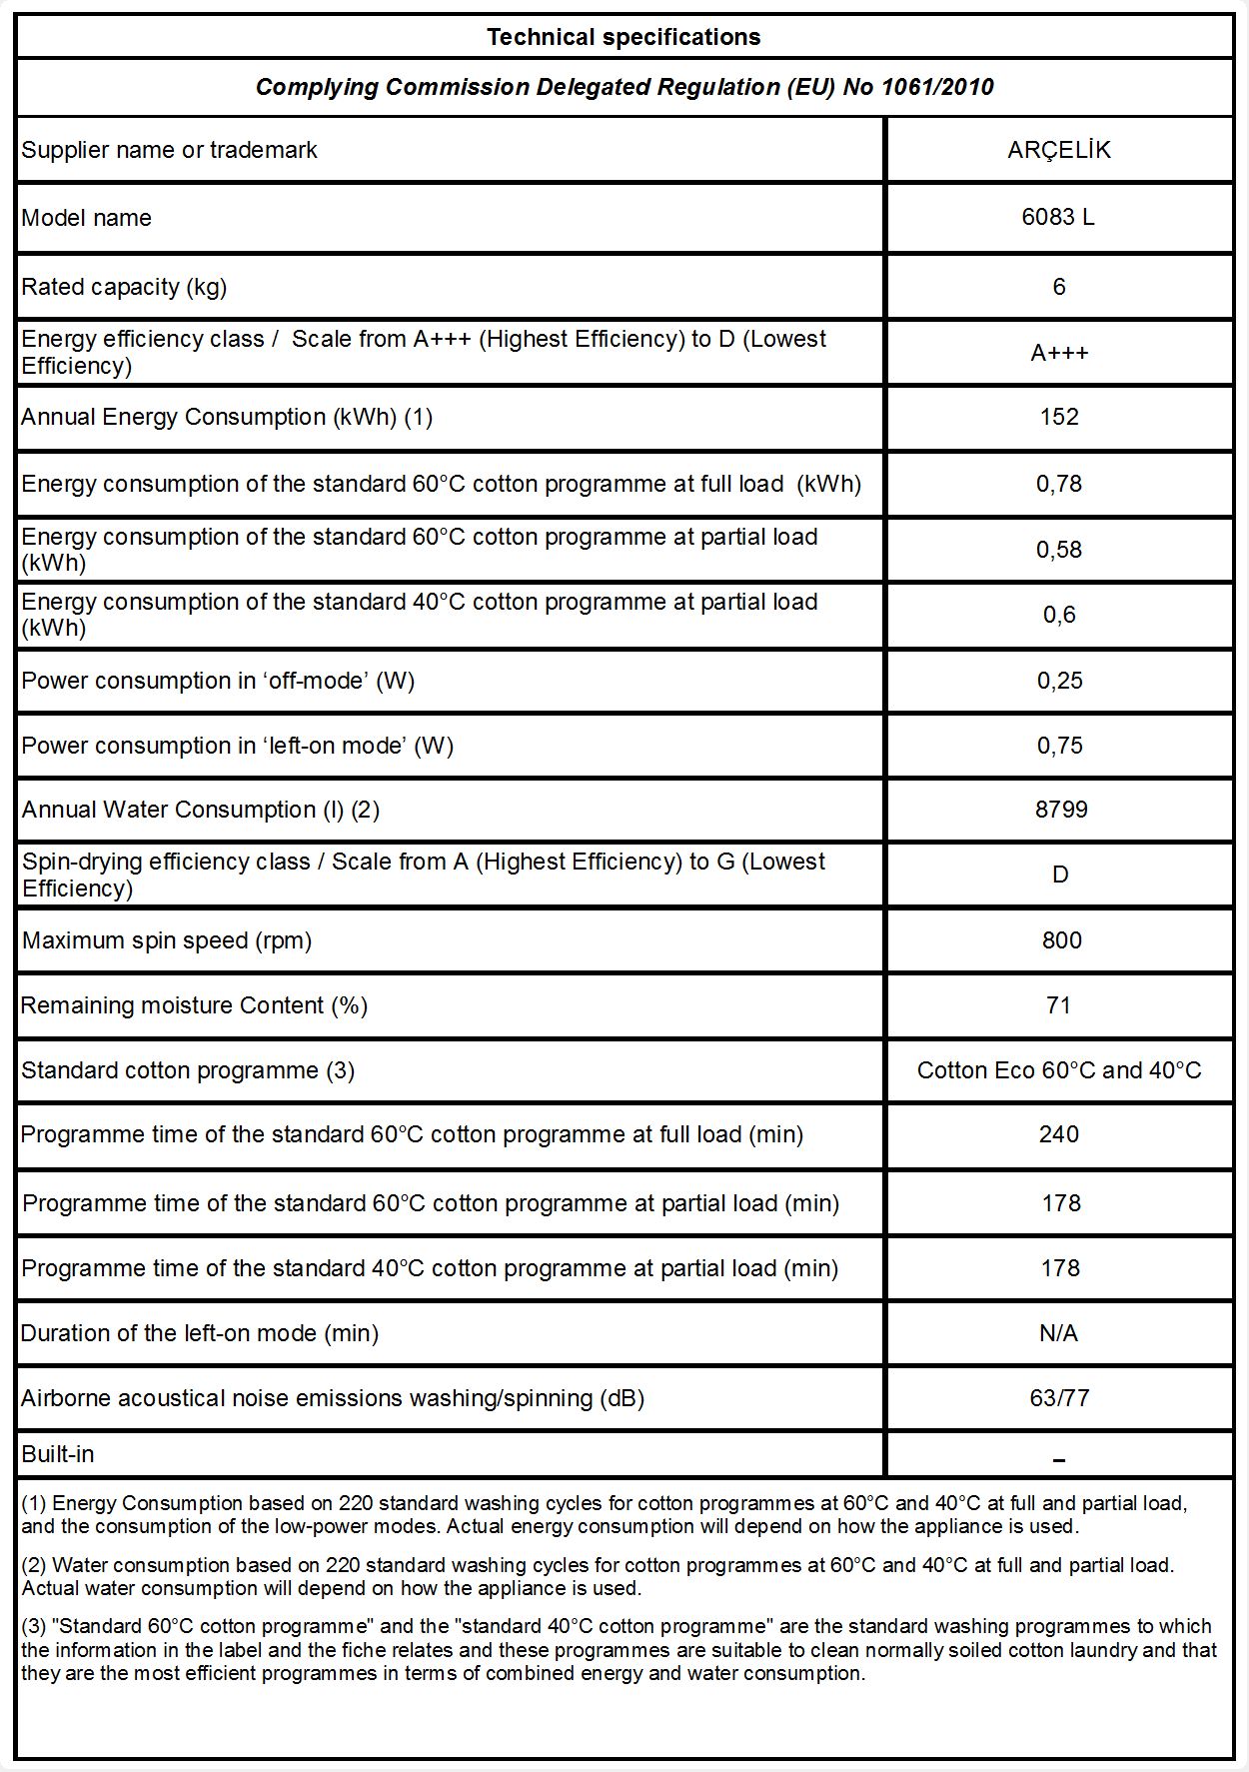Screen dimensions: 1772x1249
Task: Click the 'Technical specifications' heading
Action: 624,38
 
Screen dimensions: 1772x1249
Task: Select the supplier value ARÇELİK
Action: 1058,150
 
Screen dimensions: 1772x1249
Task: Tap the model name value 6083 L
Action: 1058,218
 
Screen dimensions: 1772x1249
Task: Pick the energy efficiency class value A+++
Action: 1059,353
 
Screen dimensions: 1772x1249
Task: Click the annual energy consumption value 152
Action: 1059,417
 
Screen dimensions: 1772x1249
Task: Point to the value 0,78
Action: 1059,484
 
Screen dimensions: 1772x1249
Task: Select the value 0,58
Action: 1059,550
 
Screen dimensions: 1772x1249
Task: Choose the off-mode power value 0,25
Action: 1059,681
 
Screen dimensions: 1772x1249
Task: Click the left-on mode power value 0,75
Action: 1059,746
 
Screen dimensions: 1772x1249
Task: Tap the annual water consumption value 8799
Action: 1061,810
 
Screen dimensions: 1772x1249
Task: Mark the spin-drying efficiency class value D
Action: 1060,875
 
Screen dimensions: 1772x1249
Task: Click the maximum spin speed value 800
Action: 1061,940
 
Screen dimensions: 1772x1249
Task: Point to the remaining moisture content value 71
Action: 1059,1005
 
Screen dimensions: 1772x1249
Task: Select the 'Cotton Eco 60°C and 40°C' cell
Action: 1059,1070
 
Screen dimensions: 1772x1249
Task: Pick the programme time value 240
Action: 1059,1134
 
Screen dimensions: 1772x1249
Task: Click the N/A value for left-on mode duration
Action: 1059,1333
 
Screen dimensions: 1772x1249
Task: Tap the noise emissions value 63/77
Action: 1059,1398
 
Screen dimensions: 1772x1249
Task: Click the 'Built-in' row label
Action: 58,1454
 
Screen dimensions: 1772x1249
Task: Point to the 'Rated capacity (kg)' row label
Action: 124,287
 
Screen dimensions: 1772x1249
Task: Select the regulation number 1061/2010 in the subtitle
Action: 936,87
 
